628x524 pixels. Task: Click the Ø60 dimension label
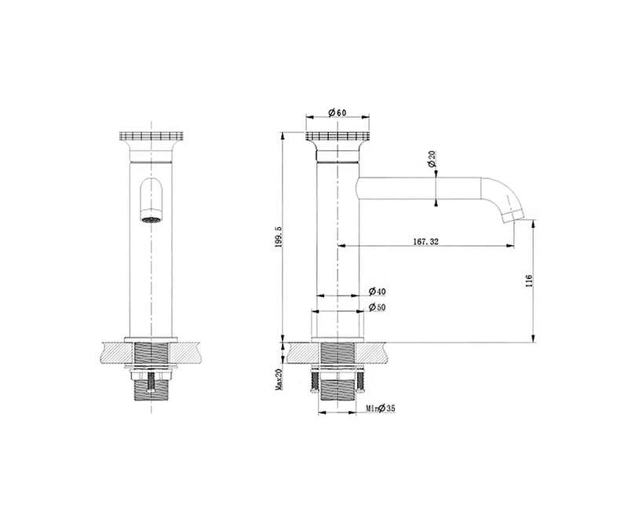click(337, 112)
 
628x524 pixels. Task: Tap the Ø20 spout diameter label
click(431, 159)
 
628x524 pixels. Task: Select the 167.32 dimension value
click(425, 241)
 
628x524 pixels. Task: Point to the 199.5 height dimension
click(279, 237)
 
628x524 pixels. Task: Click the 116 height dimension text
click(528, 280)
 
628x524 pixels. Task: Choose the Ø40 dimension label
click(377, 291)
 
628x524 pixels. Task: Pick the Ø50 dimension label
click(377, 307)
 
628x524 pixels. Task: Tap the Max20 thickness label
click(279, 379)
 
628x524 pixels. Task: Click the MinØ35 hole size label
click(381, 409)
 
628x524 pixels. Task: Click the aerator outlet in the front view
click(151, 219)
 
